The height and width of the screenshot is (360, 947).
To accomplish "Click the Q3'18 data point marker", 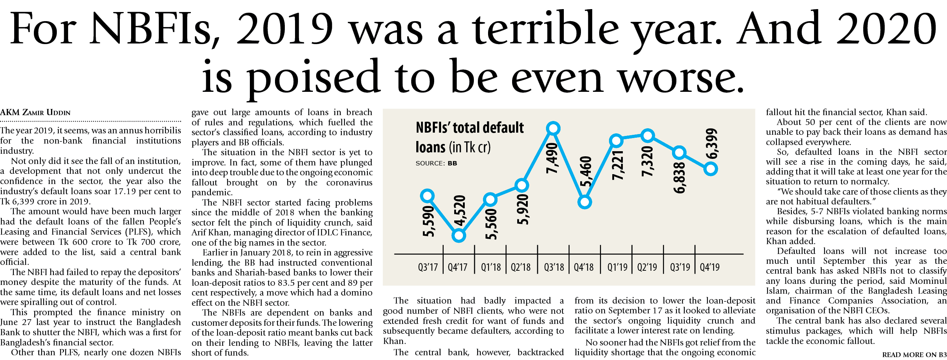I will click(x=553, y=128).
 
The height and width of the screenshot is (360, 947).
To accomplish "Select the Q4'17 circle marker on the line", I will click(x=459, y=235).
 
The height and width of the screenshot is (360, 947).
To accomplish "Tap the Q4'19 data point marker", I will click(x=711, y=169).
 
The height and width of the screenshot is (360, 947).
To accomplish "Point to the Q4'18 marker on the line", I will click(x=585, y=202).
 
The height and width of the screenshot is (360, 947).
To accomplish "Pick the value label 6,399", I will click(x=712, y=144).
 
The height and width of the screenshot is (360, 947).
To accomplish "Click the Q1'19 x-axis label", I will click(x=617, y=267).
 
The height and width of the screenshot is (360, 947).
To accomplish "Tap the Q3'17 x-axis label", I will click(x=428, y=267).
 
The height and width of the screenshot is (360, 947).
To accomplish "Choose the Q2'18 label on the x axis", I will click(x=520, y=267).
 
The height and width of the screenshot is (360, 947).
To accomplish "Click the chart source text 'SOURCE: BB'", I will click(x=436, y=163).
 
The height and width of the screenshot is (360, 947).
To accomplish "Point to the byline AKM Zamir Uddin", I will click(x=35, y=113).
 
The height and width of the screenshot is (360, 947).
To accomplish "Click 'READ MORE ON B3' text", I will click(x=914, y=355).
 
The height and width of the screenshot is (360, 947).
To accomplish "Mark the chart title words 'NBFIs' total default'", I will click(x=469, y=128).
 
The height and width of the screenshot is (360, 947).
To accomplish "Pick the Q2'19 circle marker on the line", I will click(x=648, y=136).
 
